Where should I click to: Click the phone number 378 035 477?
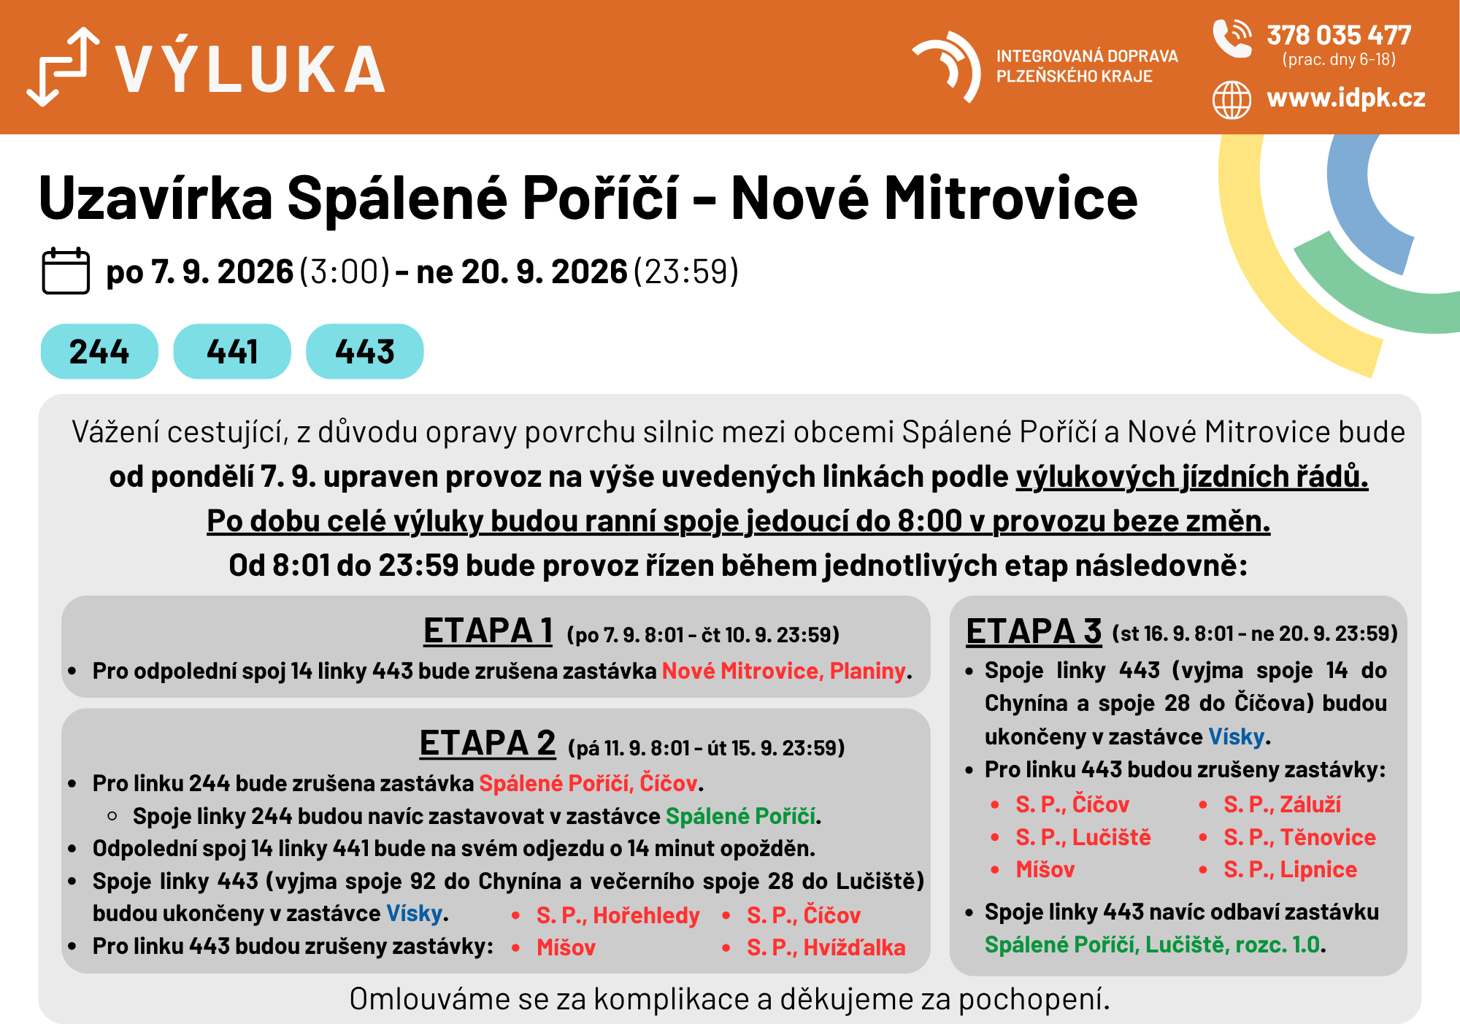pyautogui.click(x=1339, y=35)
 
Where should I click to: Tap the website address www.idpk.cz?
pyautogui.click(x=1346, y=98)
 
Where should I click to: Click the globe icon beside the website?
pyautogui.click(x=1232, y=100)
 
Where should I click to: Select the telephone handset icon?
pyautogui.click(x=1232, y=38)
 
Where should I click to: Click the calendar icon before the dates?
pyautogui.click(x=66, y=271)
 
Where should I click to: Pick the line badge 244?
pyautogui.click(x=99, y=351)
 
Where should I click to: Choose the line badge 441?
pyautogui.click(x=232, y=351)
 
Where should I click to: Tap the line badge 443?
pyautogui.click(x=365, y=351)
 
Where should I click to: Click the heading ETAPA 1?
pyautogui.click(x=488, y=631)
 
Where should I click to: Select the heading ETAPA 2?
pyautogui.click(x=488, y=743)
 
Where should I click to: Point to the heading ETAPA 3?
pyautogui.click(x=1034, y=631)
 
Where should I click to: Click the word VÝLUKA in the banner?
pyautogui.click(x=250, y=69)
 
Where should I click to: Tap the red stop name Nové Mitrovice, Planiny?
pyautogui.click(x=783, y=671)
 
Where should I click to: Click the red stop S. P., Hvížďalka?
pyautogui.click(x=826, y=947)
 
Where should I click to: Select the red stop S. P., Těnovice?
pyautogui.click(x=1299, y=837)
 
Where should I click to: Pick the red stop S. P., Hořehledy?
pyautogui.click(x=618, y=915)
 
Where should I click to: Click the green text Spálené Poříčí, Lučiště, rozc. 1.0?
pyautogui.click(x=1152, y=945)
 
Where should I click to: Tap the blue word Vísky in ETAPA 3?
pyautogui.click(x=1236, y=736)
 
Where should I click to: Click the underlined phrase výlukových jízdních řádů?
pyautogui.click(x=1191, y=477)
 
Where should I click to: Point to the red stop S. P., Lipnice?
pyautogui.click(x=1290, y=869)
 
